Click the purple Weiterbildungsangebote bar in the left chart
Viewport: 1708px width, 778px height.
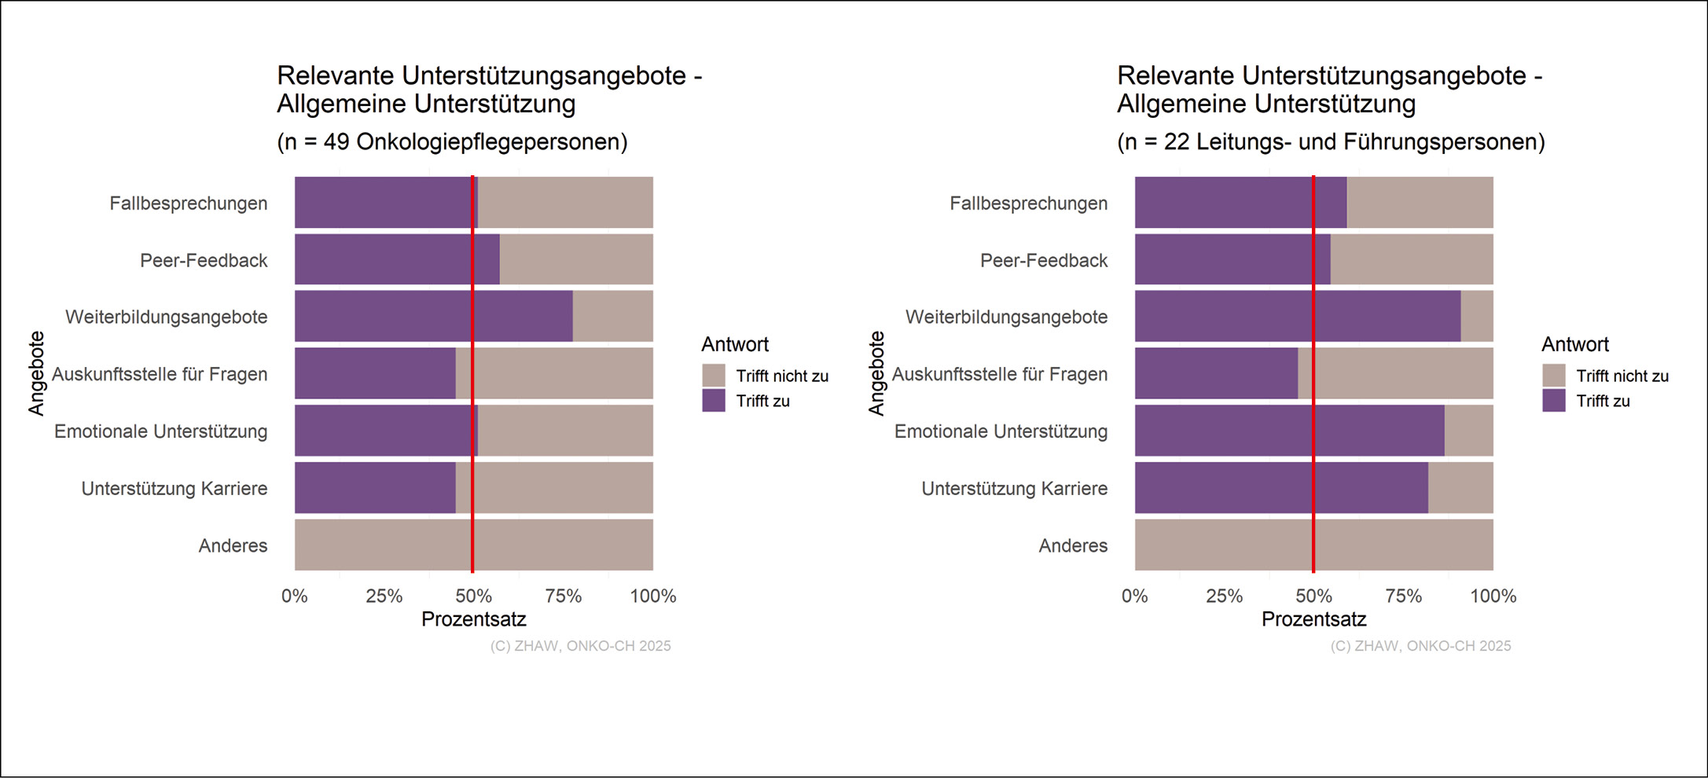pos(433,317)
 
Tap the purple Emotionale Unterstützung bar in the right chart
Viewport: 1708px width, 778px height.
pos(1289,431)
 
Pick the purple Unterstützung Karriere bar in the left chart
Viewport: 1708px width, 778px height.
pos(375,488)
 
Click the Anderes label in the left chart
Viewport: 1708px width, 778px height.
pos(233,545)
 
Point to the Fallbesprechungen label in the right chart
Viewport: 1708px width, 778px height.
pos(1028,204)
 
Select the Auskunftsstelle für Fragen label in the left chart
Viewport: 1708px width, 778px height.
pos(160,374)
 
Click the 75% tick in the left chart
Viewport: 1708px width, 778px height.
pos(564,596)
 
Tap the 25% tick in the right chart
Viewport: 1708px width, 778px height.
pos(1224,596)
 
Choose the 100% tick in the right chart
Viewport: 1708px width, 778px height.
pos(1493,596)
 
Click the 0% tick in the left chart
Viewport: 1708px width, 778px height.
pos(295,596)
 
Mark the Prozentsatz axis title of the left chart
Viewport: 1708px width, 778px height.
pos(474,619)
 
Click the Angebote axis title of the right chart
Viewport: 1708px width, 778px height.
pos(876,373)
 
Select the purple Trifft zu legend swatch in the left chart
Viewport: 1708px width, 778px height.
pos(714,401)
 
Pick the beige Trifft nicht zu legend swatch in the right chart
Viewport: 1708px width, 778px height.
pos(1554,376)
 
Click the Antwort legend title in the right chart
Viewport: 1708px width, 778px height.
pos(1574,344)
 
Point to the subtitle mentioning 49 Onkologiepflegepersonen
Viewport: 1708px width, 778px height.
pos(452,142)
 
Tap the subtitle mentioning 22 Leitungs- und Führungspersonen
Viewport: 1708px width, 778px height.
pos(1331,142)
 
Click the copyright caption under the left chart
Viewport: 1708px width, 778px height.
pos(580,646)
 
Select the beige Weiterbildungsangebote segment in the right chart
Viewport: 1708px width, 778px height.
pos(1477,317)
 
